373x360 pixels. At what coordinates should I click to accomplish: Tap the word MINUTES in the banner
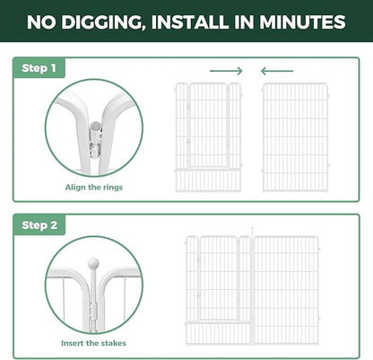coord(302,22)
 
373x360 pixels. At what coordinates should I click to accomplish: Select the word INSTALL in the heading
coord(191,22)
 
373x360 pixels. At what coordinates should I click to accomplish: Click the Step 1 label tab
coord(39,68)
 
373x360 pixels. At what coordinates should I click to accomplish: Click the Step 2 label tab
coord(39,224)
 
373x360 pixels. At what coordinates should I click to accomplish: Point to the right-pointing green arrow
coord(226,71)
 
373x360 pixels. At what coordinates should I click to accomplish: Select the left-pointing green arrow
coord(277,71)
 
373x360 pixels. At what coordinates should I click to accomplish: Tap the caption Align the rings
coord(94,188)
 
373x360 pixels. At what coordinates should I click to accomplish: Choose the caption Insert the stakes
coord(93,343)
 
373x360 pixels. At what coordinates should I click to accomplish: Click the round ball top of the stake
coord(93,264)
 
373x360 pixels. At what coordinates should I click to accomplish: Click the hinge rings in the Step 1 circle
coord(96,140)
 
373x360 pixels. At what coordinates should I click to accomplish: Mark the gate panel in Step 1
coord(208,137)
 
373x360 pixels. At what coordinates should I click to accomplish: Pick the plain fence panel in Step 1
coord(295,137)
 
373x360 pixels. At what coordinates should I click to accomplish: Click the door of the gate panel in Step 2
coord(219,278)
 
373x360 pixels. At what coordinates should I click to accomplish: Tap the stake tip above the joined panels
coord(253,229)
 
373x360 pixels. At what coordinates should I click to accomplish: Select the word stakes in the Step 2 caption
coord(114,343)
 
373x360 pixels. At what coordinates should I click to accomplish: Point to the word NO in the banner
coord(41,22)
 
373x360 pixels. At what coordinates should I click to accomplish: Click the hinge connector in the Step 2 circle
coord(93,312)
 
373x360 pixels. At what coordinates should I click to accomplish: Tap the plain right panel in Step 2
coord(286,290)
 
